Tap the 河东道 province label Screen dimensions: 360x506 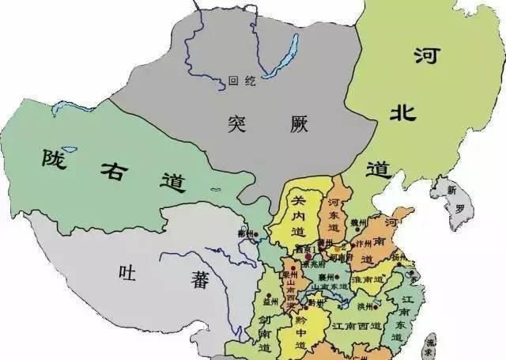tap(334, 213)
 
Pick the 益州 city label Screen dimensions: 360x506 tap(272, 301)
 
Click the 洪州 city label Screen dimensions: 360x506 tap(365, 306)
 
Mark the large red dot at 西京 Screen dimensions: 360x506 tap(307, 258)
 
